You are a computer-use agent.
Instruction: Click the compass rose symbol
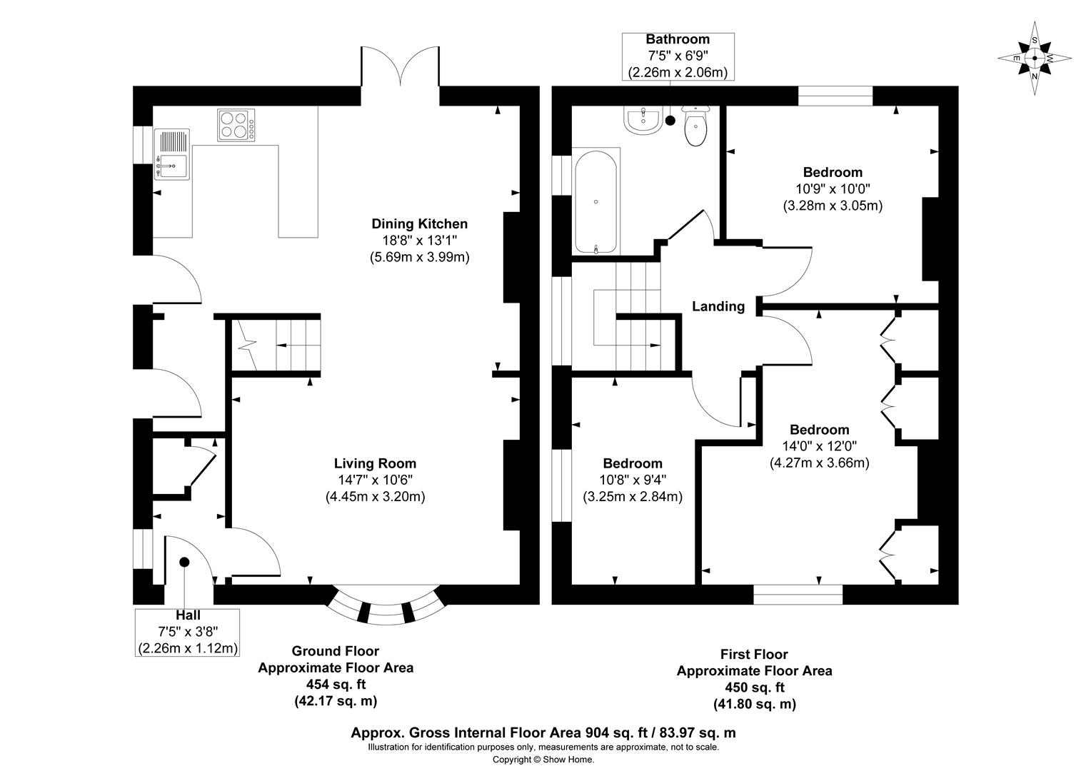[x=1035, y=59]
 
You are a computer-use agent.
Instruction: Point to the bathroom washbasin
[x=643, y=119]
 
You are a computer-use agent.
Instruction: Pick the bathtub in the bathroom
[x=595, y=202]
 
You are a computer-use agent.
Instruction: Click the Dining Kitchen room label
[x=419, y=224]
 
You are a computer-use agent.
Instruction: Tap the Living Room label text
[x=375, y=463]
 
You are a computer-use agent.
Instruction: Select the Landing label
[x=718, y=306]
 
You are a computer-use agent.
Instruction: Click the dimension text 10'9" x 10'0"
[x=833, y=189]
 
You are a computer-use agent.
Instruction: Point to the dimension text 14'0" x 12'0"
[x=819, y=446]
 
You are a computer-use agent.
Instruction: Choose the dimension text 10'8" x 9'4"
[x=632, y=480]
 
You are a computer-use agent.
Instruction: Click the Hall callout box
[x=188, y=632]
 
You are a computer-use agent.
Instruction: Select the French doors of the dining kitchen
[x=400, y=68]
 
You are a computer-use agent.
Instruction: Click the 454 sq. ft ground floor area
[x=335, y=685]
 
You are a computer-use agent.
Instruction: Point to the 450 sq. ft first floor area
[x=754, y=687]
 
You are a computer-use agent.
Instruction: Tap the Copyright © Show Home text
[x=543, y=760]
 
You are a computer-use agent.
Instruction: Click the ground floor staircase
[x=275, y=345]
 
